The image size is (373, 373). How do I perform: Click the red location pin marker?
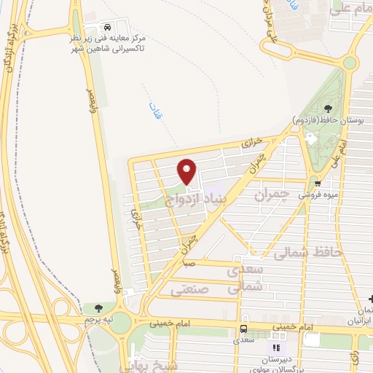click(x=187, y=172)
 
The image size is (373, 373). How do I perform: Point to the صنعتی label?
click(x=189, y=289)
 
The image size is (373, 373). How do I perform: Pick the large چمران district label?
click(x=273, y=195)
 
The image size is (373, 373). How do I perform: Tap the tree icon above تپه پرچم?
click(x=98, y=309)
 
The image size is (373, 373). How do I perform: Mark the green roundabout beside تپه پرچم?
click(x=121, y=321)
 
